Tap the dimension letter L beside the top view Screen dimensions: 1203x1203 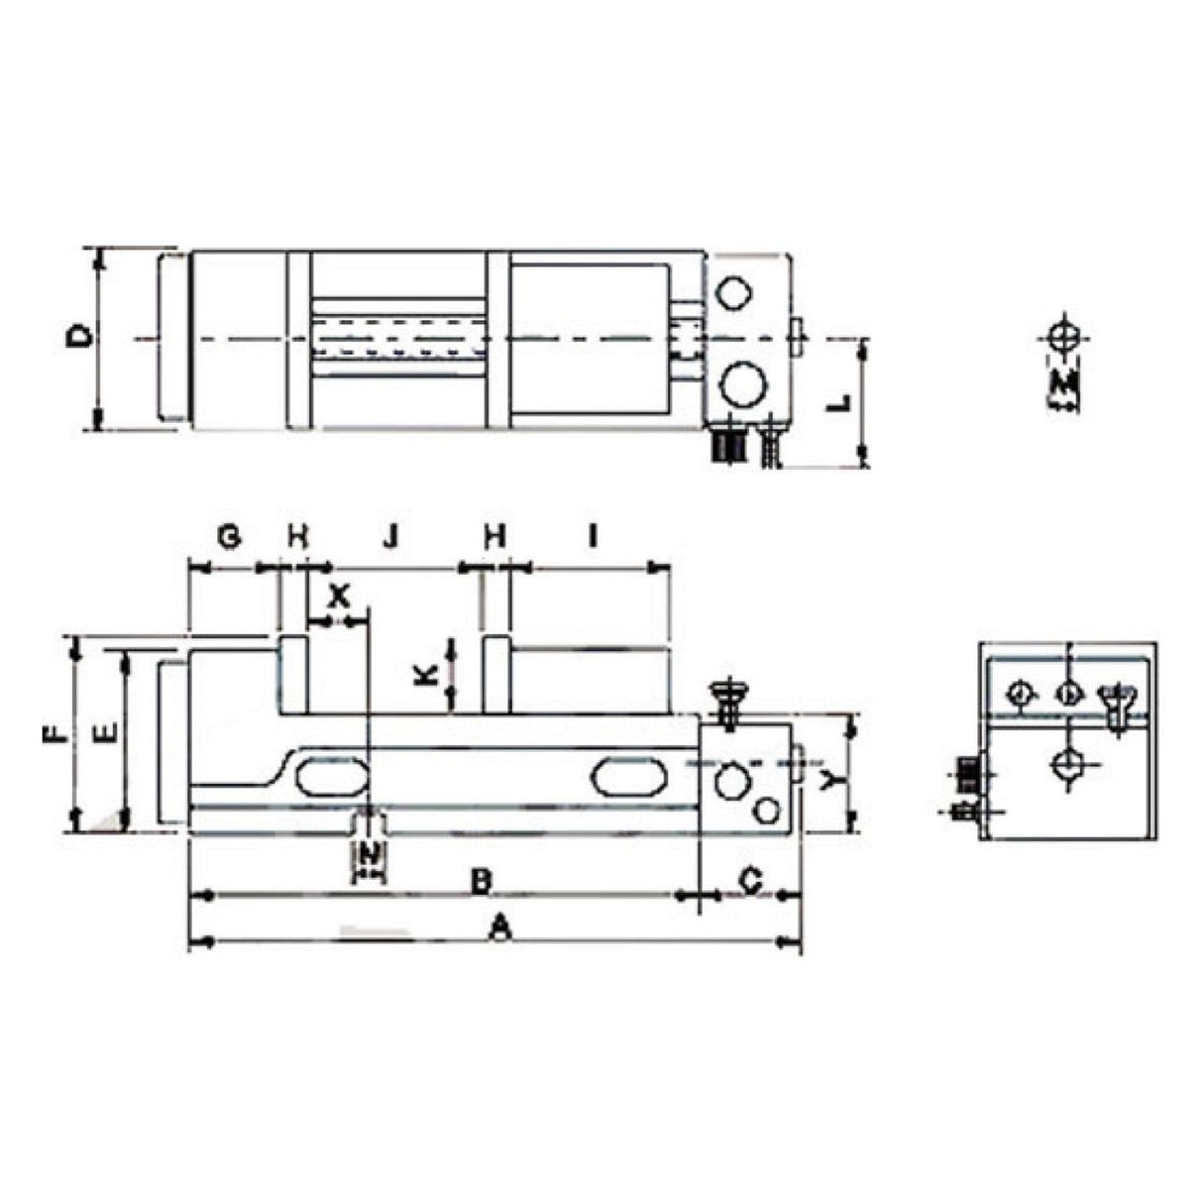point(838,403)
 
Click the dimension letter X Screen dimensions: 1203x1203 point(339,596)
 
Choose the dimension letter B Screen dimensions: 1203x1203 point(481,880)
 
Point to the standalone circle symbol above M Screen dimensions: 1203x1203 point(1064,335)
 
